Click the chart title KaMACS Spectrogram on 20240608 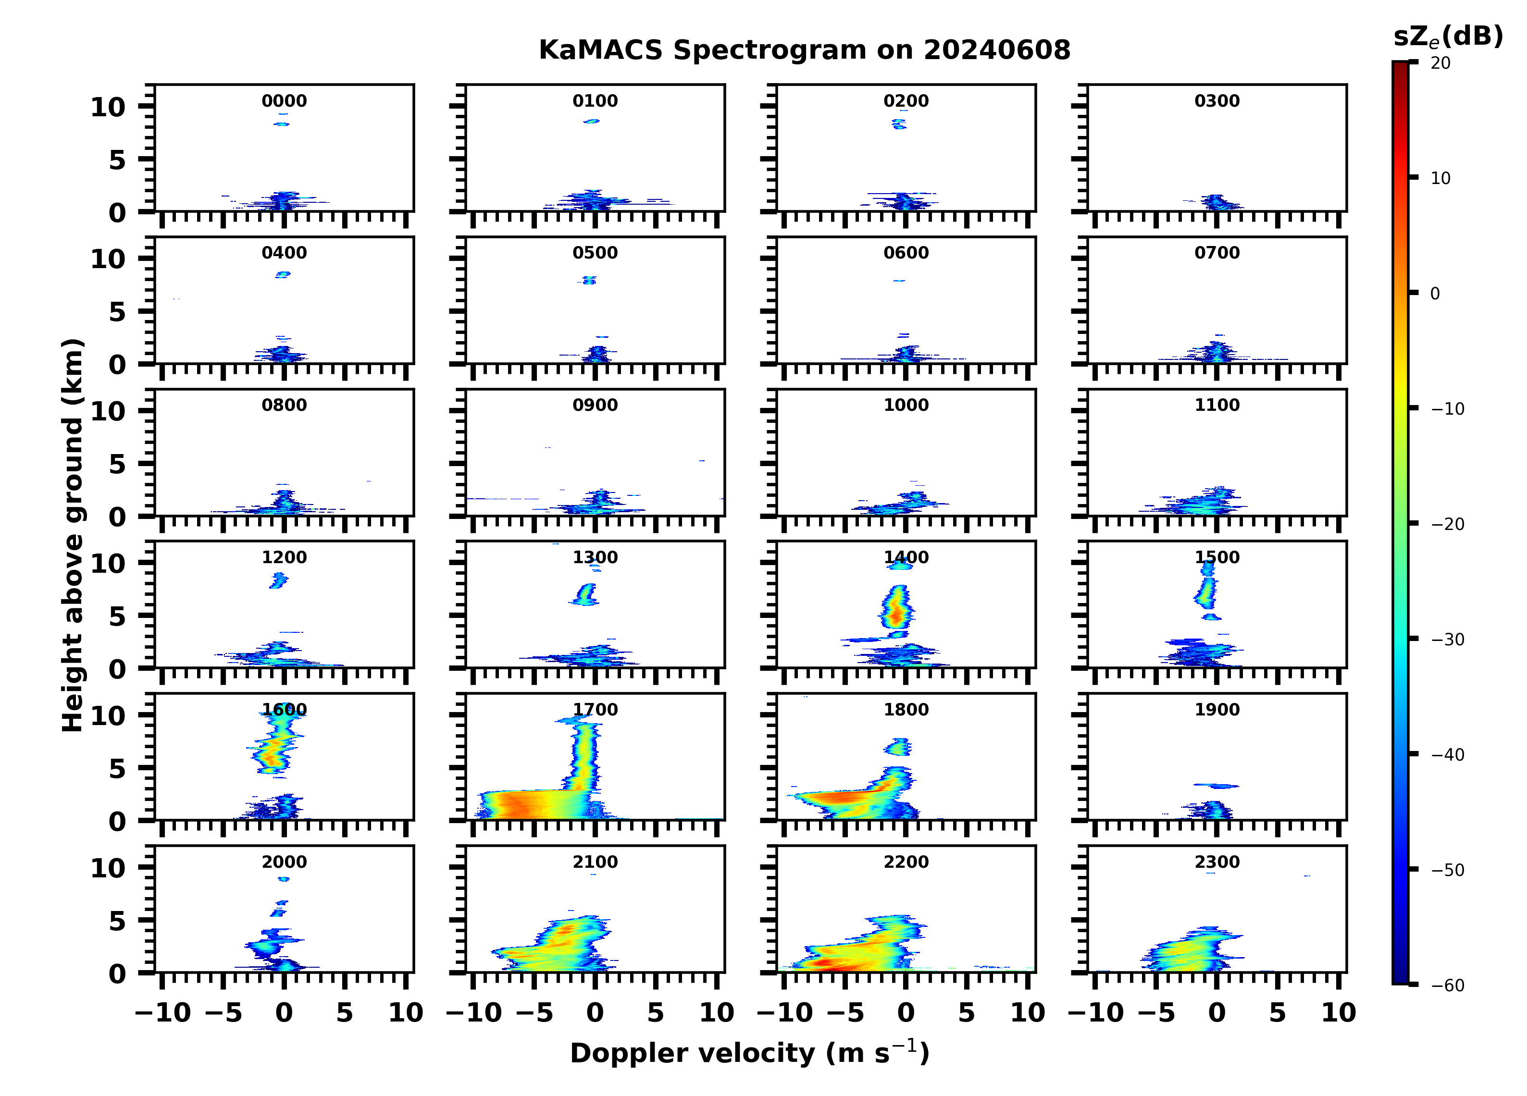pyautogui.click(x=804, y=50)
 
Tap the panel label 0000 pyautogui.click(x=284, y=101)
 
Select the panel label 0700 pyautogui.click(x=1217, y=253)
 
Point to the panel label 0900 pyautogui.click(x=595, y=405)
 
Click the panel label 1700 pyautogui.click(x=595, y=710)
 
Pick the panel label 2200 pyautogui.click(x=906, y=862)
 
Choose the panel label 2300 pyautogui.click(x=1217, y=862)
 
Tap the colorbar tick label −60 pyautogui.click(x=1448, y=985)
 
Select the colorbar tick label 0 pyautogui.click(x=1435, y=294)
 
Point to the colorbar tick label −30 pyautogui.click(x=1448, y=640)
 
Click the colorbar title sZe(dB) pyautogui.click(x=1448, y=37)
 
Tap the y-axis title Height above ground pyautogui.click(x=73, y=535)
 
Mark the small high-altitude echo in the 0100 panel pyautogui.click(x=592, y=121)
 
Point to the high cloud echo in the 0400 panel pyautogui.click(x=283, y=274)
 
